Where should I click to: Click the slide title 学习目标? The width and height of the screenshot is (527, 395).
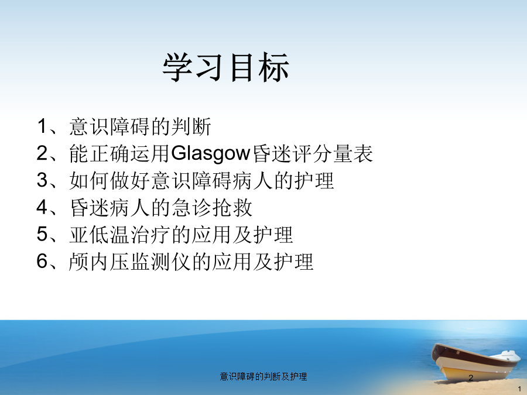226,67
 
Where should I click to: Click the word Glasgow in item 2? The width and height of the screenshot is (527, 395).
211,153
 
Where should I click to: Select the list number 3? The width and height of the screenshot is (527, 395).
42,180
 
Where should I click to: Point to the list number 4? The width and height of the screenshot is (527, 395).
42,207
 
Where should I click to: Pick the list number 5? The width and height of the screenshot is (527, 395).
42,233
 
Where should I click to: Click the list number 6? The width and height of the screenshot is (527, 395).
42,261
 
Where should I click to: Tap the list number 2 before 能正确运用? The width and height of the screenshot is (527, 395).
42,153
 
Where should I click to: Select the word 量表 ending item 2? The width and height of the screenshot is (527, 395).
353,153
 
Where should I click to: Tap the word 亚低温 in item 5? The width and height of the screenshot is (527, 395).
100,235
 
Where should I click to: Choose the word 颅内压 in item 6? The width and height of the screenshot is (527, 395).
100,262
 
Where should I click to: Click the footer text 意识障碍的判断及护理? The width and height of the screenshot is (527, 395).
263,376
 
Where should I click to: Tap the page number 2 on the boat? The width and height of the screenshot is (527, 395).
471,378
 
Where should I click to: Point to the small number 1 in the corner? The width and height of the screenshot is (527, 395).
519,389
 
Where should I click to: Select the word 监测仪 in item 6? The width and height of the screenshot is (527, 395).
160,262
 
